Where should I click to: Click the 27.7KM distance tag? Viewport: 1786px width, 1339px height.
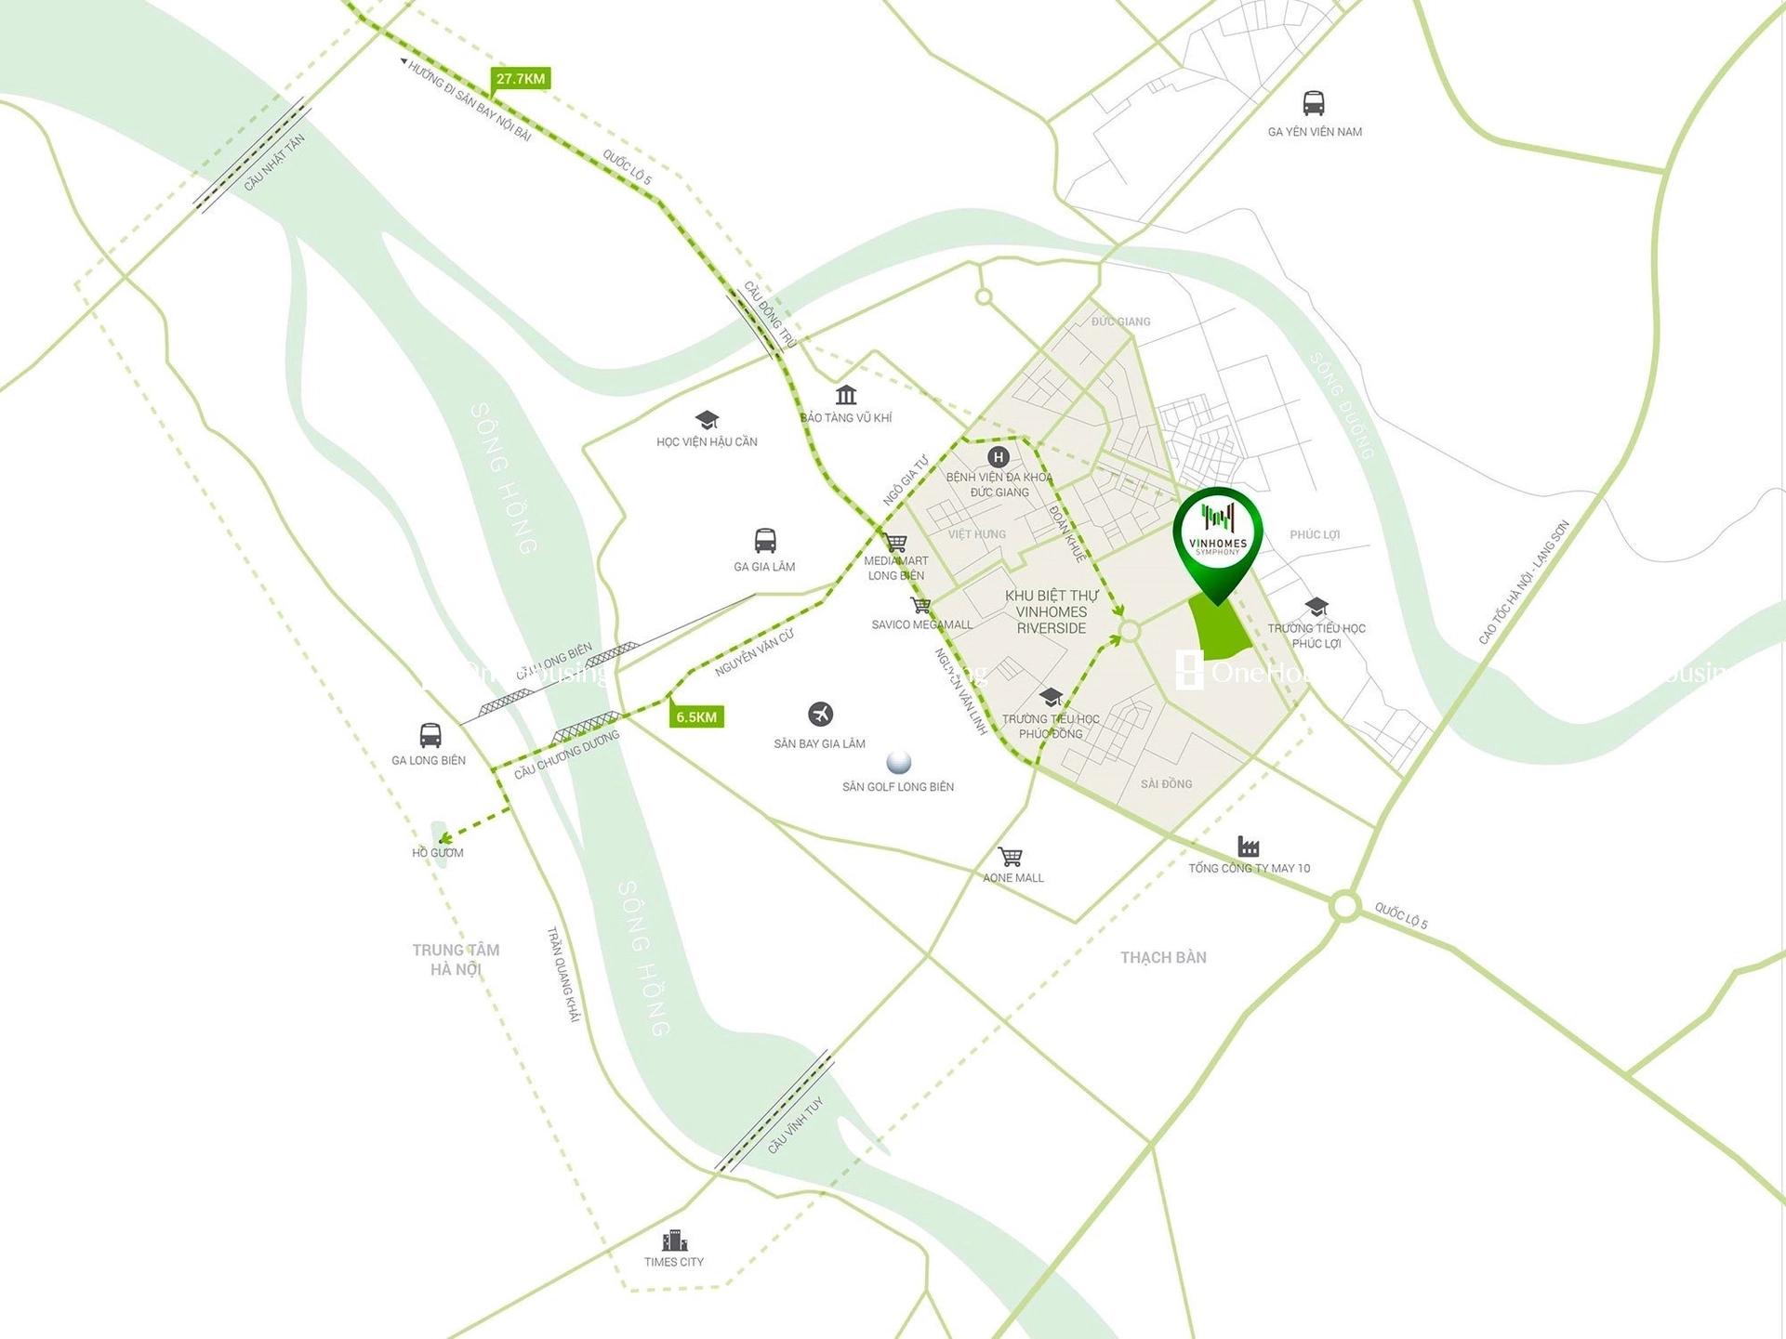(521, 79)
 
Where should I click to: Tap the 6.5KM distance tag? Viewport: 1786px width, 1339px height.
(696, 716)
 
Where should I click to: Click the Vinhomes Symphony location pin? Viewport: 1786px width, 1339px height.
(1217, 540)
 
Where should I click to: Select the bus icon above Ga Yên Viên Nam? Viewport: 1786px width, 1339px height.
(1313, 102)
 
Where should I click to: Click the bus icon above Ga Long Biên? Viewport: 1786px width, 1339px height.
(430, 735)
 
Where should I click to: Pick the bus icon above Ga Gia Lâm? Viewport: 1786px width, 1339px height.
(764, 540)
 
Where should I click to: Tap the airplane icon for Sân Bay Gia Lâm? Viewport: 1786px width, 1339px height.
(820, 714)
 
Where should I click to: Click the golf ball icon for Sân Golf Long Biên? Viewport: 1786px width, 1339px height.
(898, 762)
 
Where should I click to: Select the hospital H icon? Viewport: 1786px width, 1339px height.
(998, 456)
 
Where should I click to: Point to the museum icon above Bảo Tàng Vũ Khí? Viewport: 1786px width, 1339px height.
(845, 395)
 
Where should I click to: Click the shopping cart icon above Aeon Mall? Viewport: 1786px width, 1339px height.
(1011, 856)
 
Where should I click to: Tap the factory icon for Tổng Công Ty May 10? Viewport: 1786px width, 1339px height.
(1248, 847)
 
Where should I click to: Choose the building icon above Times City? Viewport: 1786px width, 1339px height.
(674, 1241)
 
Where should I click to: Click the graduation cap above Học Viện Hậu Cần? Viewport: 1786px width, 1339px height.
(707, 420)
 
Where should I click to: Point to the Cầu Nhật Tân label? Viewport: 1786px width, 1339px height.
(273, 164)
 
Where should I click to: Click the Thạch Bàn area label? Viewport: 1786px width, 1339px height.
(1163, 957)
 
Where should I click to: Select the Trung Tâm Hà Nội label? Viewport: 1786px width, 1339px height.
(456, 959)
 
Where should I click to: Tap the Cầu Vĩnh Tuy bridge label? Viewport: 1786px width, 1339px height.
(795, 1125)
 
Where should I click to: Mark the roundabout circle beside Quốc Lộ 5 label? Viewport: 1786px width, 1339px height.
(1344, 906)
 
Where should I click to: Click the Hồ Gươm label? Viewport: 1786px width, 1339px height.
(437, 852)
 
